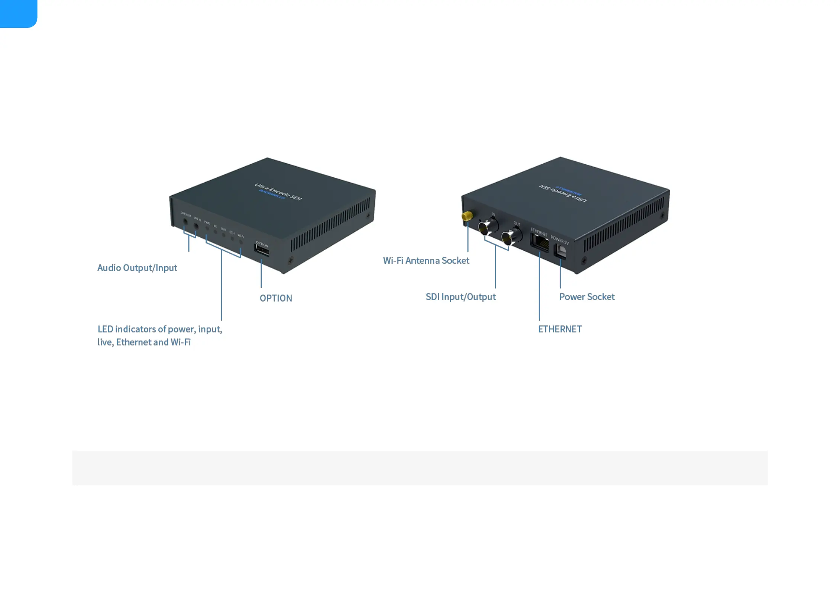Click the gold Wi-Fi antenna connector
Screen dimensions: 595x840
click(x=467, y=216)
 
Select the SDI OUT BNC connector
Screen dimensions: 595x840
click(x=511, y=237)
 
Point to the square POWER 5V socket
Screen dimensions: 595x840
click(x=560, y=251)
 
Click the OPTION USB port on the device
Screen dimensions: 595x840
click(x=262, y=249)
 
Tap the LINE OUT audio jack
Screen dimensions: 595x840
click(x=185, y=222)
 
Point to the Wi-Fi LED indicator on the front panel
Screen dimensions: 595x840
click(x=241, y=242)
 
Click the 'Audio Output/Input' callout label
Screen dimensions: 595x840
click(x=137, y=268)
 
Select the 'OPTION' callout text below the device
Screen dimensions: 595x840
click(x=276, y=298)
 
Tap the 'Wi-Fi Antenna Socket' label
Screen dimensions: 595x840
click(x=426, y=261)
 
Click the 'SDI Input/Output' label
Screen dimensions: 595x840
click(x=461, y=297)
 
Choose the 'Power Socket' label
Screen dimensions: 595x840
click(x=587, y=297)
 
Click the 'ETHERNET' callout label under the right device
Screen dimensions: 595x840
click(x=560, y=329)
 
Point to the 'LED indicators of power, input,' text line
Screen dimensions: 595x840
click(x=160, y=329)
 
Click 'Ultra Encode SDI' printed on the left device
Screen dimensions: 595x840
click(x=278, y=192)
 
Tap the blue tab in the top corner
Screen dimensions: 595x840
click(x=18, y=13)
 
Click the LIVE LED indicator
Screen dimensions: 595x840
click(x=224, y=235)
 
